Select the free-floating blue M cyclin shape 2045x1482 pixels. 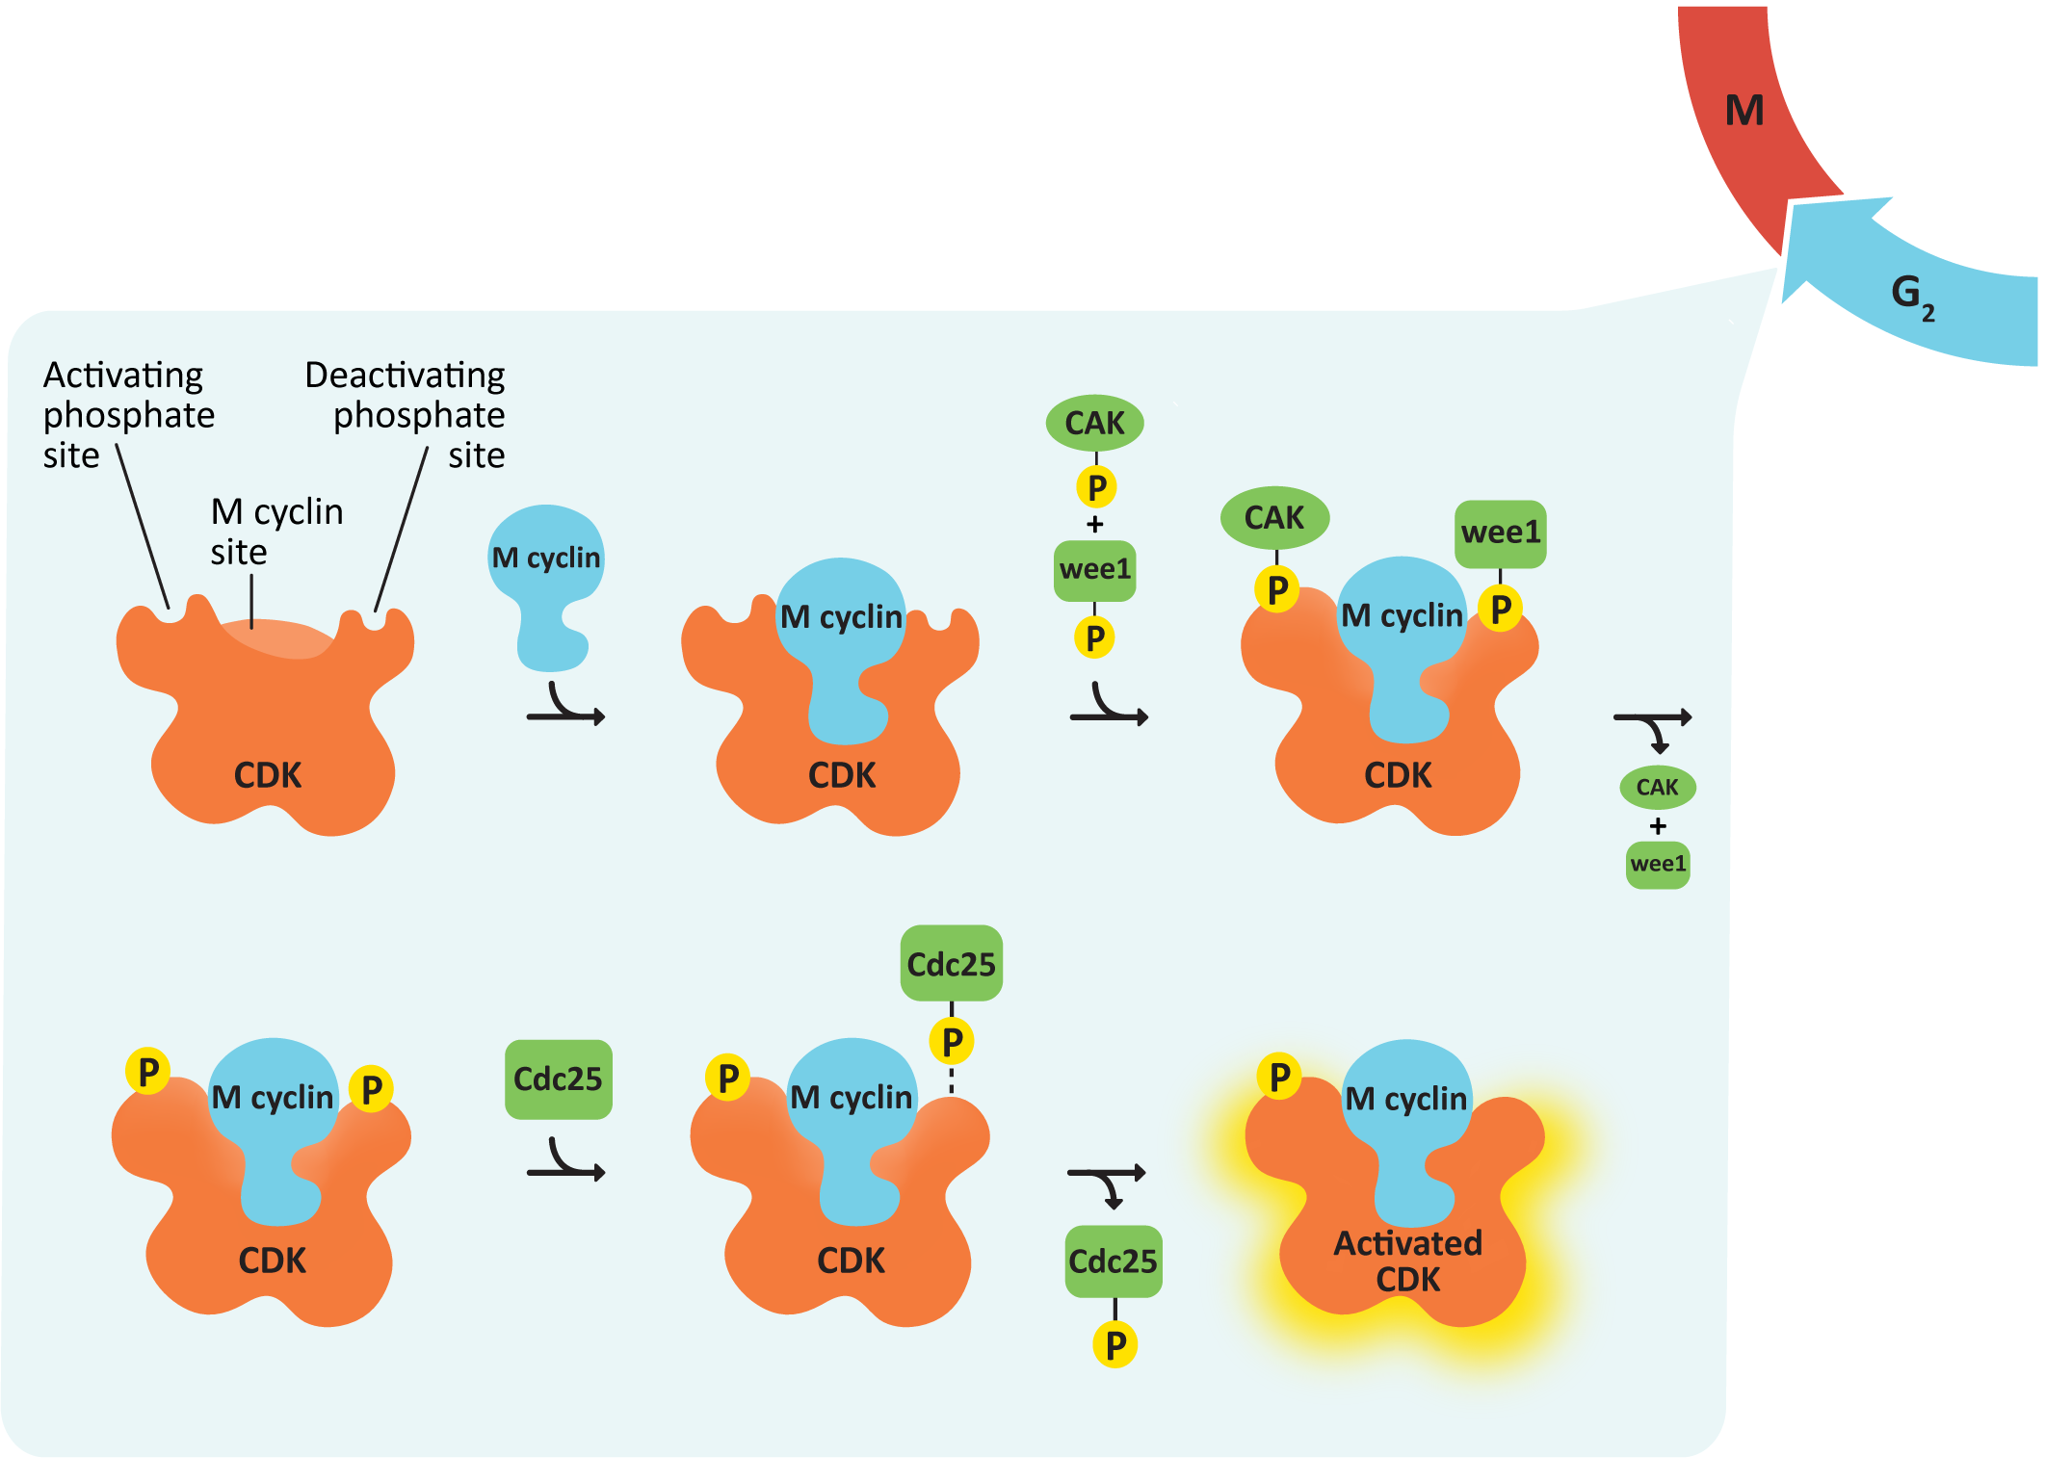(x=546, y=578)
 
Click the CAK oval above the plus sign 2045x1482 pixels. (x=1094, y=423)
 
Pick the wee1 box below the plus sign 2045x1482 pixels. (x=1094, y=570)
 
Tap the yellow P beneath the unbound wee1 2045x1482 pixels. (x=1094, y=637)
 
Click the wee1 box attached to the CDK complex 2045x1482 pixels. (x=1500, y=533)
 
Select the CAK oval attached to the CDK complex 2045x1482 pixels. (x=1273, y=518)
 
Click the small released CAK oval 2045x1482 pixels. (x=1657, y=788)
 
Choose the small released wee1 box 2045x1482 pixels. (x=1657, y=864)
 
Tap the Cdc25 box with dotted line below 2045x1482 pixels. (x=951, y=964)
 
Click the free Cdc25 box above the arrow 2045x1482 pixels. (x=558, y=1079)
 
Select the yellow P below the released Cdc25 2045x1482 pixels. (x=1114, y=1345)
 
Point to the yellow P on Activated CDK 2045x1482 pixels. (x=1279, y=1077)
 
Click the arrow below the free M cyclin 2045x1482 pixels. (x=566, y=708)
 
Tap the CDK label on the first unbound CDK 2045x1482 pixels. (x=268, y=775)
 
